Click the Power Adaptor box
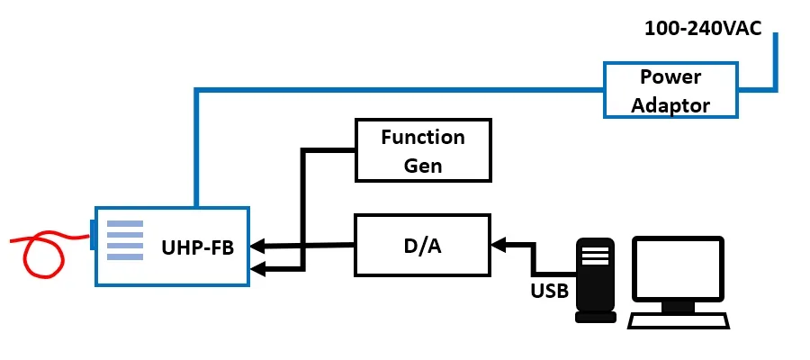point(670,90)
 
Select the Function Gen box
point(423,149)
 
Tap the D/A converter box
point(423,245)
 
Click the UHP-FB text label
point(198,247)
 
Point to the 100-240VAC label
point(703,28)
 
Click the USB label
point(548,291)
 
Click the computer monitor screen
point(678,267)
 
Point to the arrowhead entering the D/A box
point(497,243)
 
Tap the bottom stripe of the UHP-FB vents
point(125,256)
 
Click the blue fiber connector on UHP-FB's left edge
point(93,233)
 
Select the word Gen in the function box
point(423,166)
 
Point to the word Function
point(423,137)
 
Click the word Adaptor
point(670,105)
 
